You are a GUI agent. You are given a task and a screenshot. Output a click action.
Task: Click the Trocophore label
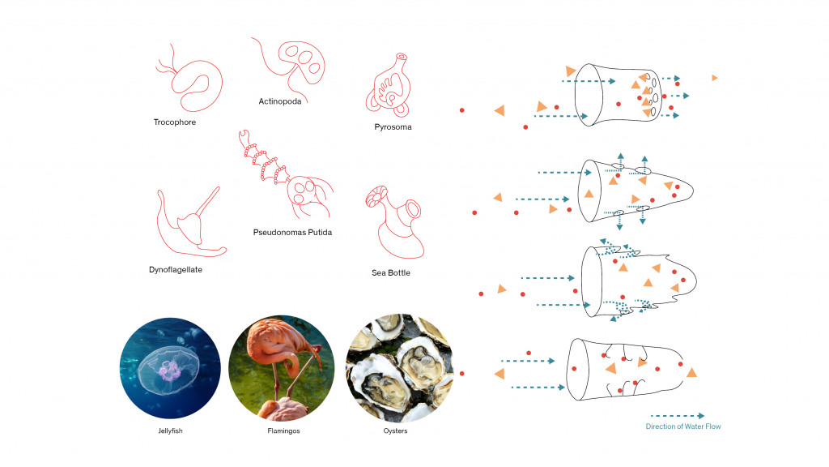tap(175, 122)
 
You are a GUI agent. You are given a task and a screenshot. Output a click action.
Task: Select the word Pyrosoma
tap(393, 127)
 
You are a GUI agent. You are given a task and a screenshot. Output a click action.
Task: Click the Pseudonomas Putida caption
tap(292, 232)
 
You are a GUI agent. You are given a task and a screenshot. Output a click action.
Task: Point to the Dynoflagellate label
tap(176, 269)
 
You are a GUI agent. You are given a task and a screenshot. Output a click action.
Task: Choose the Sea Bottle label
tap(391, 272)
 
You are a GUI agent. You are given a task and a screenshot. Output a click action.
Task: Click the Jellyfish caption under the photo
tap(170, 431)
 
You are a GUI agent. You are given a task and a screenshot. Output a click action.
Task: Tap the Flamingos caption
tap(283, 431)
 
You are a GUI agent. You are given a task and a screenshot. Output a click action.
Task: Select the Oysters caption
tap(395, 431)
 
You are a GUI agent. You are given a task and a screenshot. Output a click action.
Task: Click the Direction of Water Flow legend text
tap(682, 426)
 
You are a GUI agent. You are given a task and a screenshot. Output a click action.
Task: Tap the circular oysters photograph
tap(398, 369)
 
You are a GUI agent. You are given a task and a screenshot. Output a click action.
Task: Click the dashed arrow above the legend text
tap(677, 416)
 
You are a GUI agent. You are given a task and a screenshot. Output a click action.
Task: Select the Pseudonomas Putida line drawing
tap(283, 174)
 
